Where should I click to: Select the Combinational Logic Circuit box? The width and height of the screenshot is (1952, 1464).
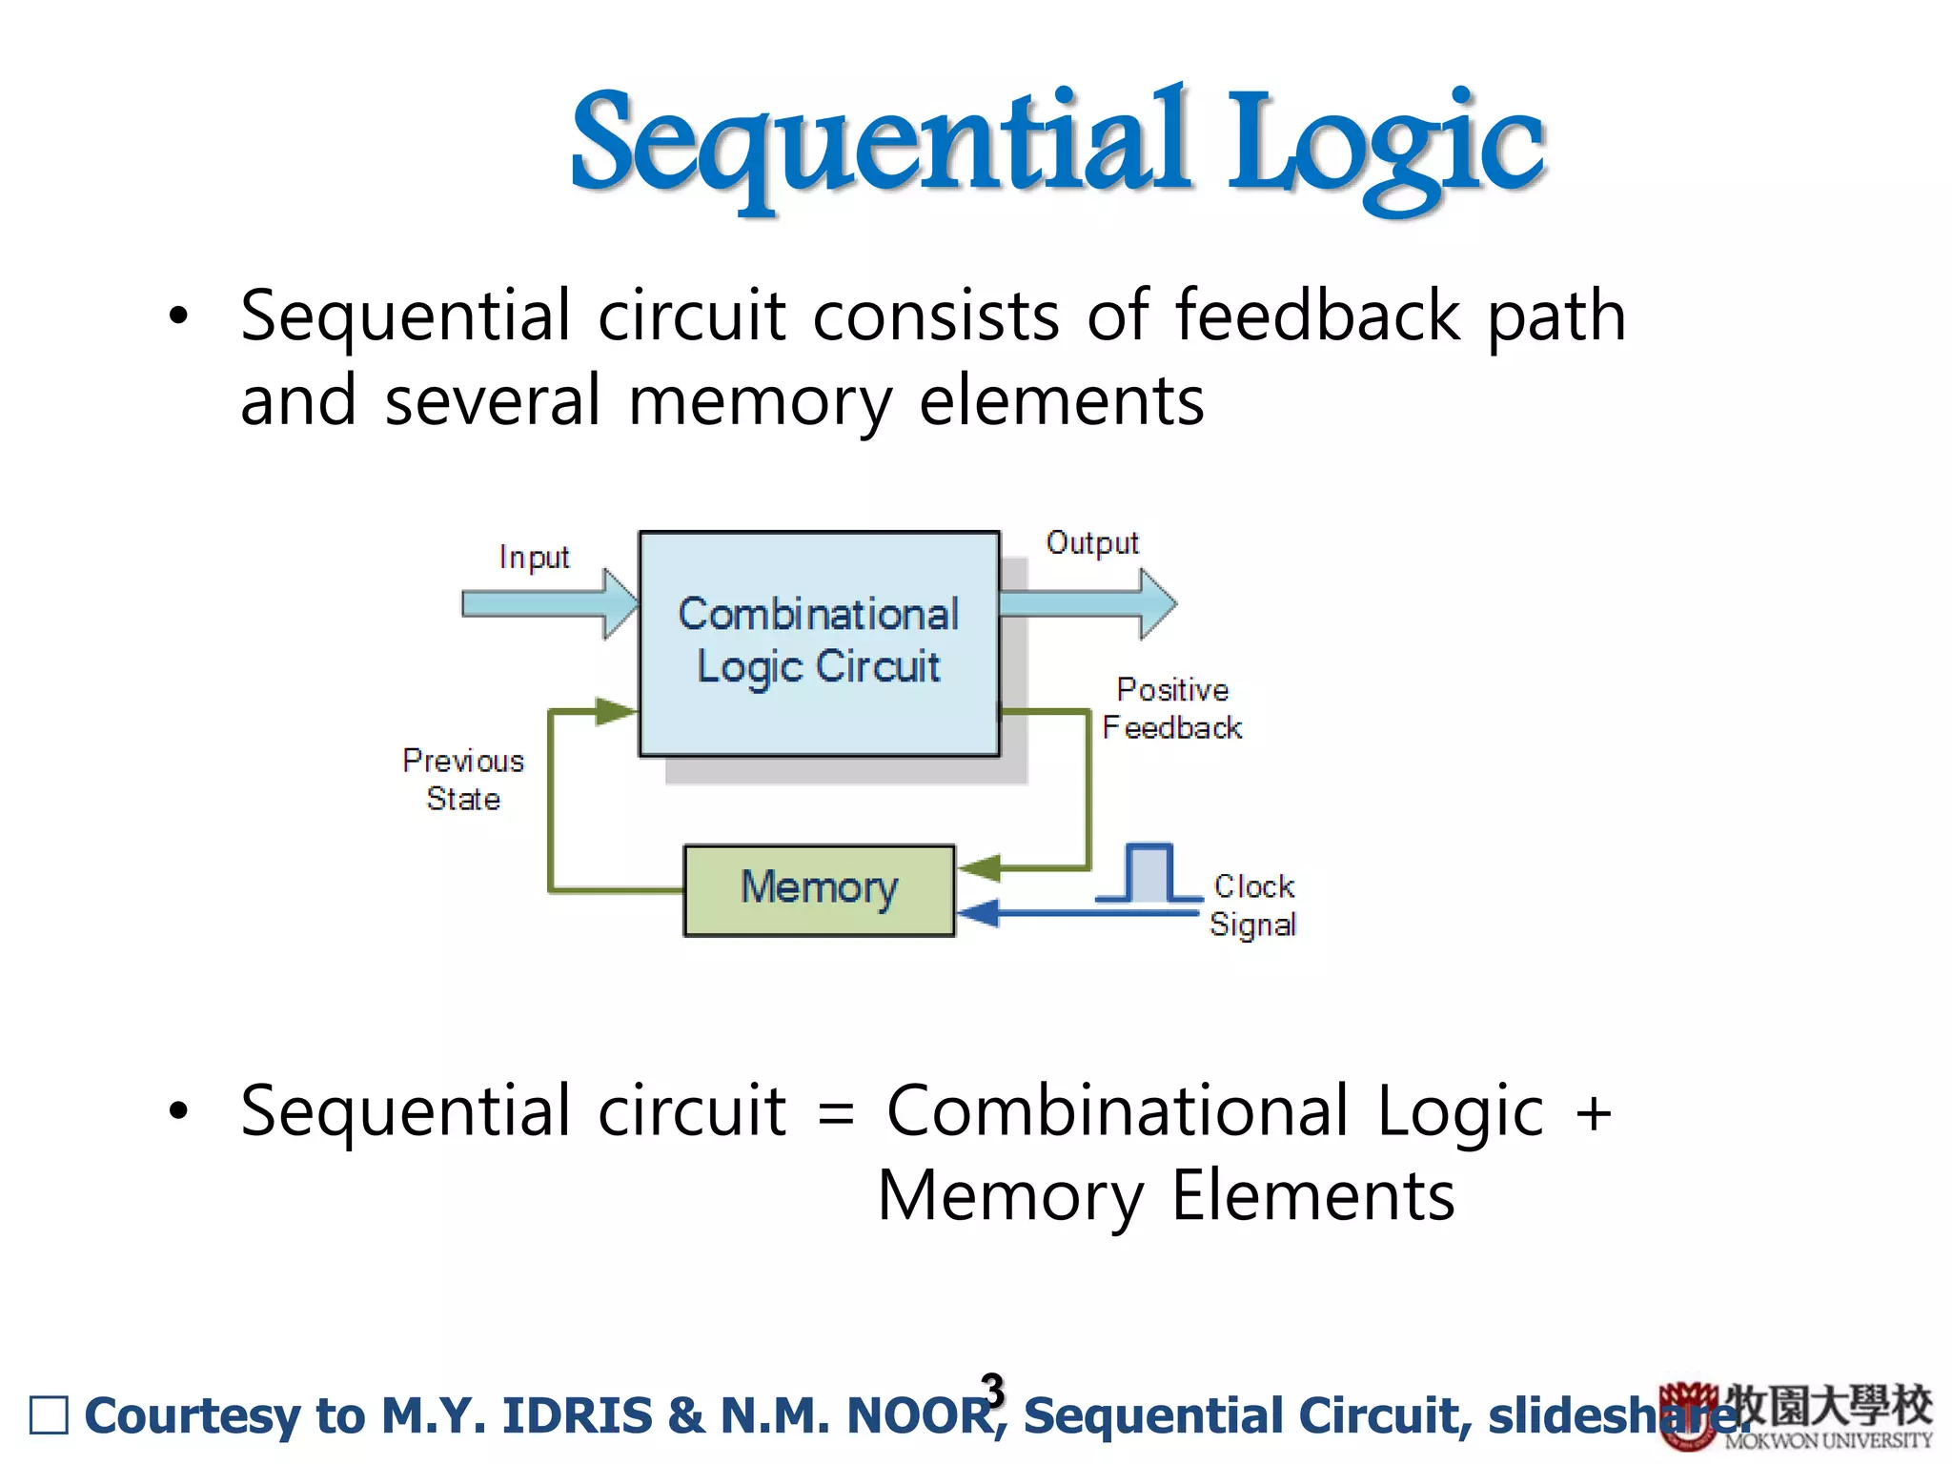point(818,643)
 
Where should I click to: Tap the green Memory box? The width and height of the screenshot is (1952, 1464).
point(819,889)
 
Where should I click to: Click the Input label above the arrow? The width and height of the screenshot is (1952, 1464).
point(534,558)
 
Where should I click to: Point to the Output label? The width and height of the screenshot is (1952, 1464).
point(1092,543)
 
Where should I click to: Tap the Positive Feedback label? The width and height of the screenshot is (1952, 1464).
point(1172,708)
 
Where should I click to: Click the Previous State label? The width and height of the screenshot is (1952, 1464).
point(463,779)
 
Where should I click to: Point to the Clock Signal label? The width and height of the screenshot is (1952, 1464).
point(1253,905)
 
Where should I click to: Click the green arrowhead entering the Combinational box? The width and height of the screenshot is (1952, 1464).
point(615,711)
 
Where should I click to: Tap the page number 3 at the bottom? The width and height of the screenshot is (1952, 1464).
point(993,1390)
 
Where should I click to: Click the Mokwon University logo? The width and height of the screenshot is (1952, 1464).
point(1797,1415)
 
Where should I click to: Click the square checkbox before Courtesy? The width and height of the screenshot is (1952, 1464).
point(50,1415)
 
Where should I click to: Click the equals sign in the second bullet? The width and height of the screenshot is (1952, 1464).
point(836,1113)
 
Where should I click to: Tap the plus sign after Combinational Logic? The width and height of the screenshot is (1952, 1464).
point(1593,1113)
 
